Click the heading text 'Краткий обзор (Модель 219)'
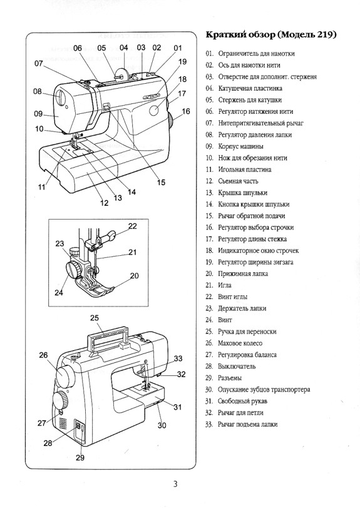pyautogui.click(x=270, y=34)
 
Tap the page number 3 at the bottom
pyautogui.click(x=177, y=482)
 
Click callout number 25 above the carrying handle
pyautogui.click(x=95, y=317)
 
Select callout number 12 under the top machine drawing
pyautogui.click(x=105, y=202)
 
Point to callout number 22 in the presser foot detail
pyautogui.click(x=132, y=226)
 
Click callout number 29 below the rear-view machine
pyautogui.click(x=80, y=457)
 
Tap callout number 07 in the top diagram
pyautogui.click(x=39, y=63)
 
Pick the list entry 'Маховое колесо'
pyautogui.click(x=240, y=343)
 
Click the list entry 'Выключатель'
pyautogui.click(x=237, y=366)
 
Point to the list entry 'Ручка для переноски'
pyautogui.click(x=247, y=332)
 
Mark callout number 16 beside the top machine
pyautogui.click(x=185, y=111)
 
